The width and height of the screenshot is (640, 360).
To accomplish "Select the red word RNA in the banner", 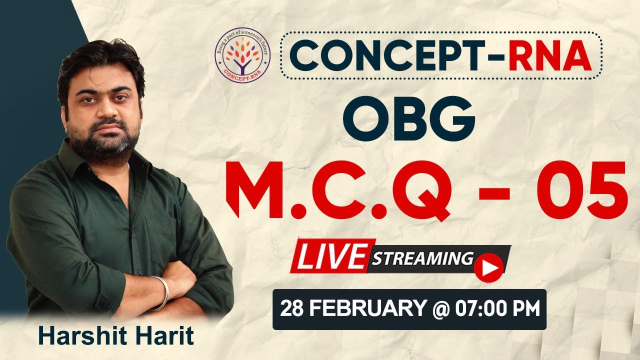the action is tap(550, 55).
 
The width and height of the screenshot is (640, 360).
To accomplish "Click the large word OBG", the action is tap(408, 118).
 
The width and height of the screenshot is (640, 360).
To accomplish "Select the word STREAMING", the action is tap(422, 259).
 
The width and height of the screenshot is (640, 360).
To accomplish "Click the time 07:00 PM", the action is tap(497, 308).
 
